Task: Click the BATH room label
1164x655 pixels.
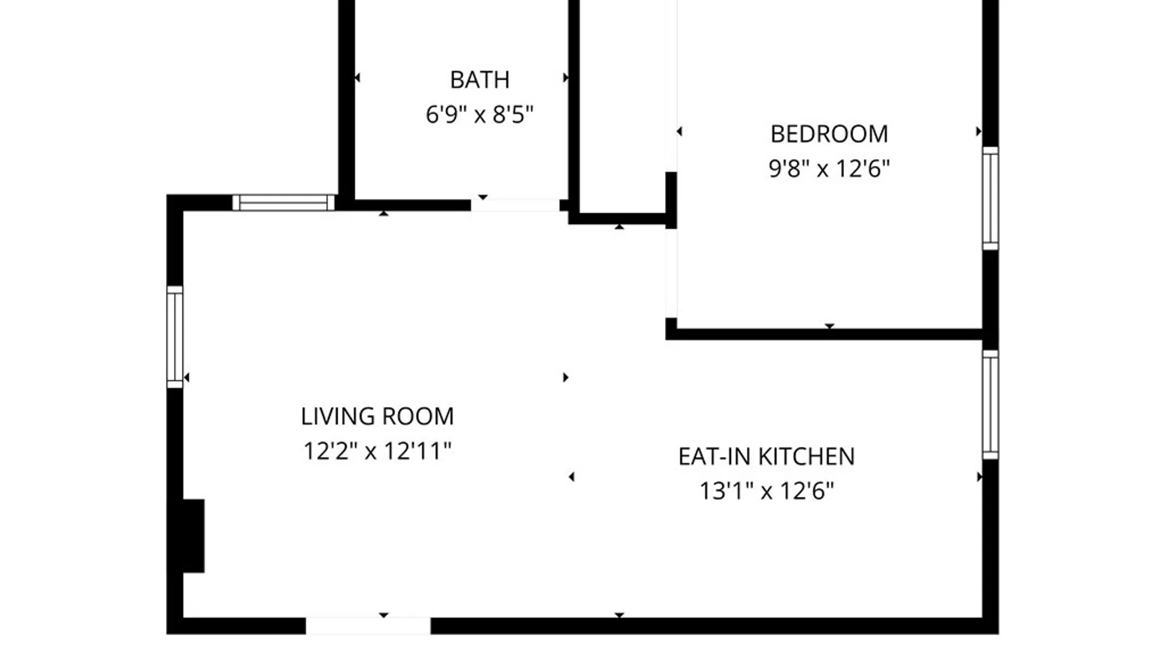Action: pos(480,79)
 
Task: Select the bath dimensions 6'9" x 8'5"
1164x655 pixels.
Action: pos(480,114)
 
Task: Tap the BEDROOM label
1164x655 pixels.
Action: pos(829,134)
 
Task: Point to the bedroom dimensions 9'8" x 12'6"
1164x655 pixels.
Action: pos(829,168)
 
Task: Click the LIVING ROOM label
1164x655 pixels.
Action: pos(377,416)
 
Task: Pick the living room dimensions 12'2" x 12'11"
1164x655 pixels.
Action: pos(377,451)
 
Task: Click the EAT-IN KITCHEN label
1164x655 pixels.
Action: pos(766,456)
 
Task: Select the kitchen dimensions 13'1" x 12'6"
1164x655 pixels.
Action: pos(767,491)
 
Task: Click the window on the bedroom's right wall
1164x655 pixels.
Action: pos(990,198)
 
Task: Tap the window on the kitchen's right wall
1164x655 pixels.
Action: pos(990,405)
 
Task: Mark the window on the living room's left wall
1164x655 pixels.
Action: pos(175,337)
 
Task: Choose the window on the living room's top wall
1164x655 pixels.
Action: pos(284,203)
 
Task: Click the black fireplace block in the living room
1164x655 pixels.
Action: pos(193,536)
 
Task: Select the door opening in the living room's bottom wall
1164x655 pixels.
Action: pos(368,626)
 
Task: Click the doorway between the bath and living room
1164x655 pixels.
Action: pos(515,205)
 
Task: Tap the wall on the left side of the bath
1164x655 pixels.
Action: pos(346,103)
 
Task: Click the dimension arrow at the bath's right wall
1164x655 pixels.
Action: pos(566,78)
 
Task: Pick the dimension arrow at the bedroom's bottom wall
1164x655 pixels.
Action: pos(829,326)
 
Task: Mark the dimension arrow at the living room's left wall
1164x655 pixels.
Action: pos(187,378)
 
